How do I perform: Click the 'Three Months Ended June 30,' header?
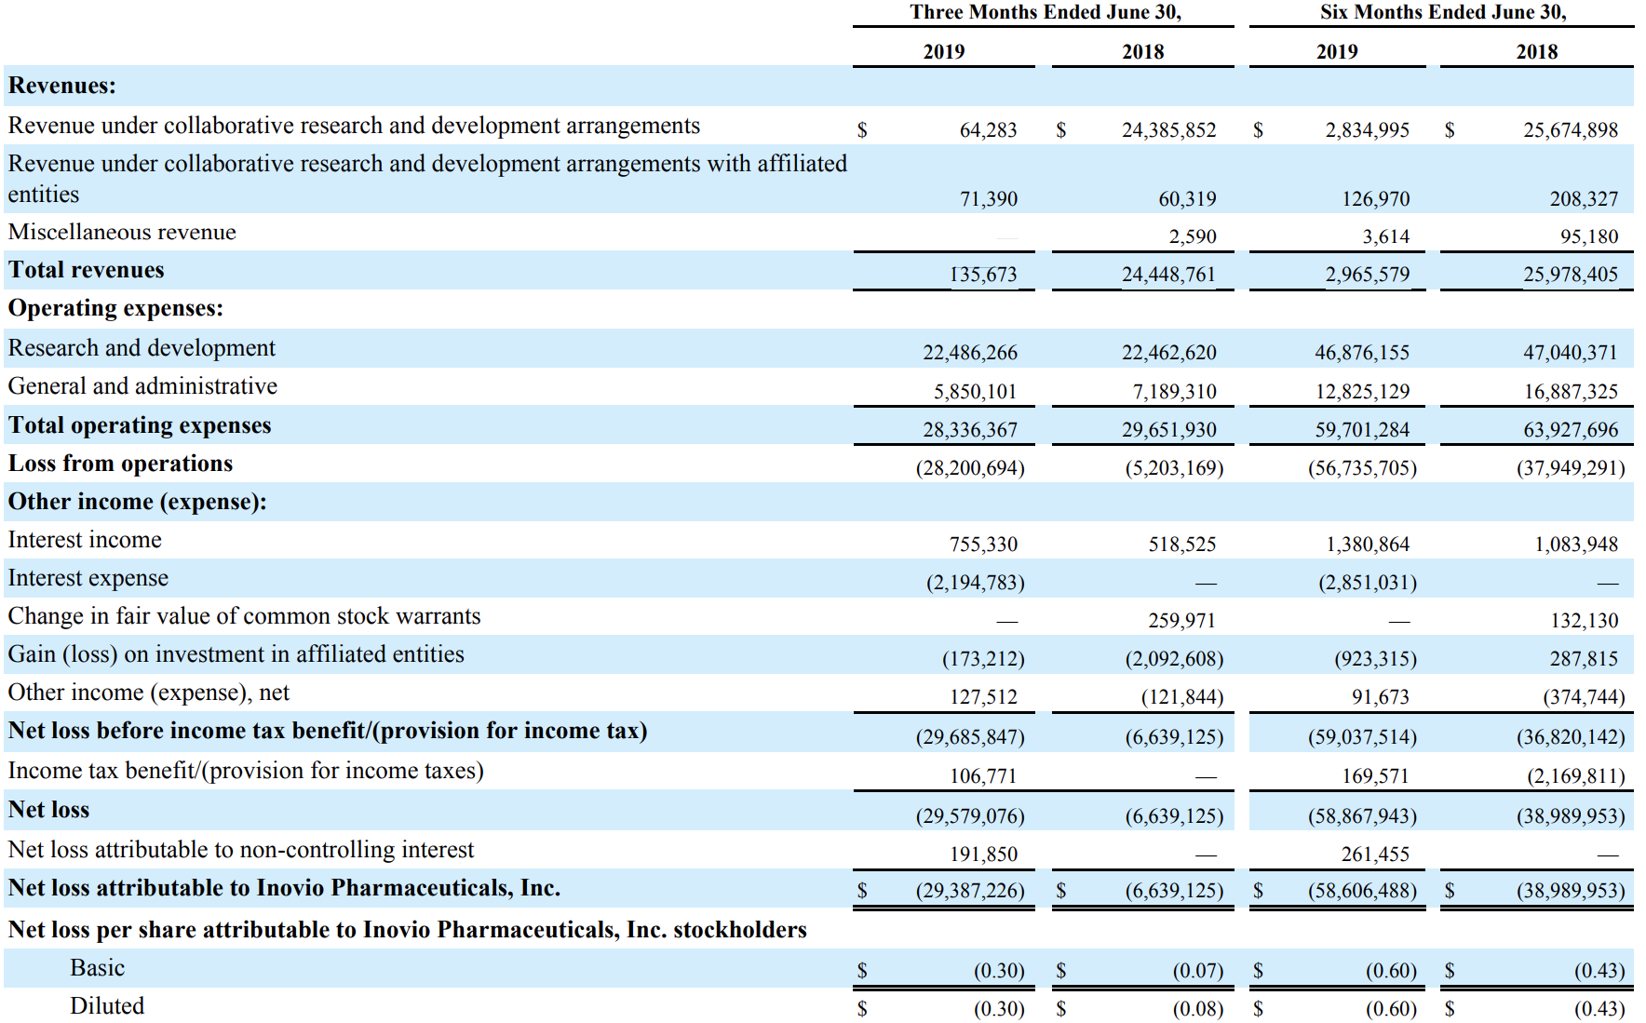[1046, 12]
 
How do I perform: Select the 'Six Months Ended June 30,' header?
[1443, 12]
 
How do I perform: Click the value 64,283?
[989, 130]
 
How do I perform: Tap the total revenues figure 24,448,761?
[1168, 275]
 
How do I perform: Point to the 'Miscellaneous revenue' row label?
[122, 232]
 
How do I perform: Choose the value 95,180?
[1589, 236]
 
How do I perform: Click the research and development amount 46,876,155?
[1362, 353]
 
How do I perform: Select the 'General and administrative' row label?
[142, 386]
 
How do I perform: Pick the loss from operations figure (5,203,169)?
[1174, 468]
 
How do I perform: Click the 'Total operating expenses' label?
[140, 425]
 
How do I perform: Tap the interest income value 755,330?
[983, 545]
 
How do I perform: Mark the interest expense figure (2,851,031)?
[1368, 583]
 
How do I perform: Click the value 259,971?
[1181, 621]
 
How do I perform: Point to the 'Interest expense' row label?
[88, 578]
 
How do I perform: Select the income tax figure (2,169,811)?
[1575, 776]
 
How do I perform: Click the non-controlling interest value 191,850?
[983, 855]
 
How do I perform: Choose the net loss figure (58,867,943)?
[1362, 816]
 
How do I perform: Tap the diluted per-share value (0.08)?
[1197, 1009]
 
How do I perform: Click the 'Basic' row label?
[97, 968]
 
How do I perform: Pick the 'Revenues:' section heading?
[62, 86]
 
